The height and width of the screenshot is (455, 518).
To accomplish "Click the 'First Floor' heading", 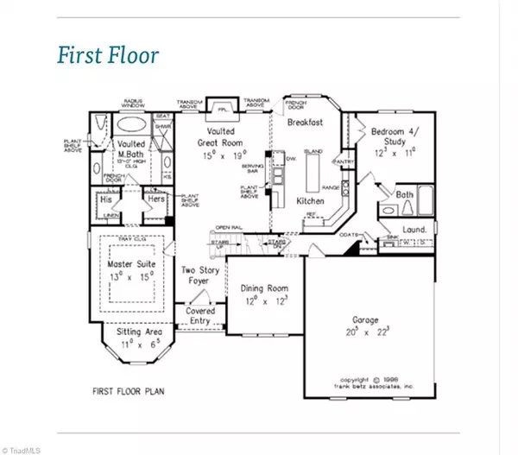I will (x=109, y=56).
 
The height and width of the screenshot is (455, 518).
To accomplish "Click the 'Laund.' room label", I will (x=415, y=229).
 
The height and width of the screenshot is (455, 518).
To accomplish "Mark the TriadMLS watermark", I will (x=26, y=448).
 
